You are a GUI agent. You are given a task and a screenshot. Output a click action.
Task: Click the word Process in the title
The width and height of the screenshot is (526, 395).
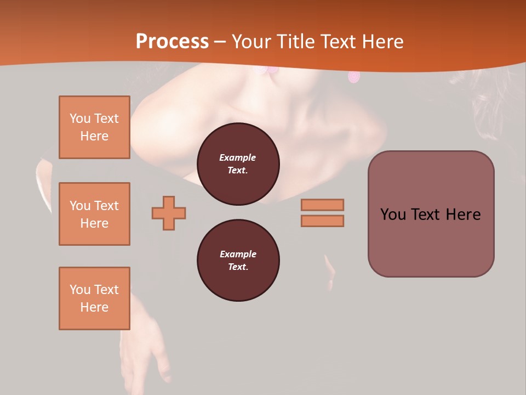tap(172, 42)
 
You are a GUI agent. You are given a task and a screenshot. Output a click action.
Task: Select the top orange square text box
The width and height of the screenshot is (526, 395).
tap(94, 127)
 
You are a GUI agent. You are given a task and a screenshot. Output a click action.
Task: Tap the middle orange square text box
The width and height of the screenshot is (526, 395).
tap(94, 214)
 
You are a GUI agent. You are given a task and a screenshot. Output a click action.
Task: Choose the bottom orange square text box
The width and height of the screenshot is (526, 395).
tap(94, 298)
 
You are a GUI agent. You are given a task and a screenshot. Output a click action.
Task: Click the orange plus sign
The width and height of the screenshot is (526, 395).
tap(169, 213)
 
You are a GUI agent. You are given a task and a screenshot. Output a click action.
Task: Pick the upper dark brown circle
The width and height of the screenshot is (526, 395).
tap(238, 164)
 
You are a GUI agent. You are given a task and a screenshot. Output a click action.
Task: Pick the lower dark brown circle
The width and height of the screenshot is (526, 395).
tap(238, 261)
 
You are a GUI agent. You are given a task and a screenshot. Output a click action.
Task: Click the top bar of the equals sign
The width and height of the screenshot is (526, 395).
tap(323, 205)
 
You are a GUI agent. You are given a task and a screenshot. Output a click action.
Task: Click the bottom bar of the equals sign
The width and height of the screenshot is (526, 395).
tap(323, 221)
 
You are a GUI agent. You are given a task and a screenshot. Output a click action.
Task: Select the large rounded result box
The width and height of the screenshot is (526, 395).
tap(431, 214)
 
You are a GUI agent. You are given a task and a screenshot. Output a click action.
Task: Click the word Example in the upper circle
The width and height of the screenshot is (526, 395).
tap(238, 157)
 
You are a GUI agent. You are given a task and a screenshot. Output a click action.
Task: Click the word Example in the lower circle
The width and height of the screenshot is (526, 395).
tap(238, 254)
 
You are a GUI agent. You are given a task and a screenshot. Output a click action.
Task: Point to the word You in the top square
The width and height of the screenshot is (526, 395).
tap(79, 119)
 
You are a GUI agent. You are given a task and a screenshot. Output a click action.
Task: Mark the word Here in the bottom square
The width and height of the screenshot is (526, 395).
tap(94, 307)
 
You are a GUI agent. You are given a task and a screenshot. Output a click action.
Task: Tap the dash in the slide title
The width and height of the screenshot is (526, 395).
tap(220, 42)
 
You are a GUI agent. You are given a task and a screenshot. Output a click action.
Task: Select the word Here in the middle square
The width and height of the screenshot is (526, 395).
tap(94, 223)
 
